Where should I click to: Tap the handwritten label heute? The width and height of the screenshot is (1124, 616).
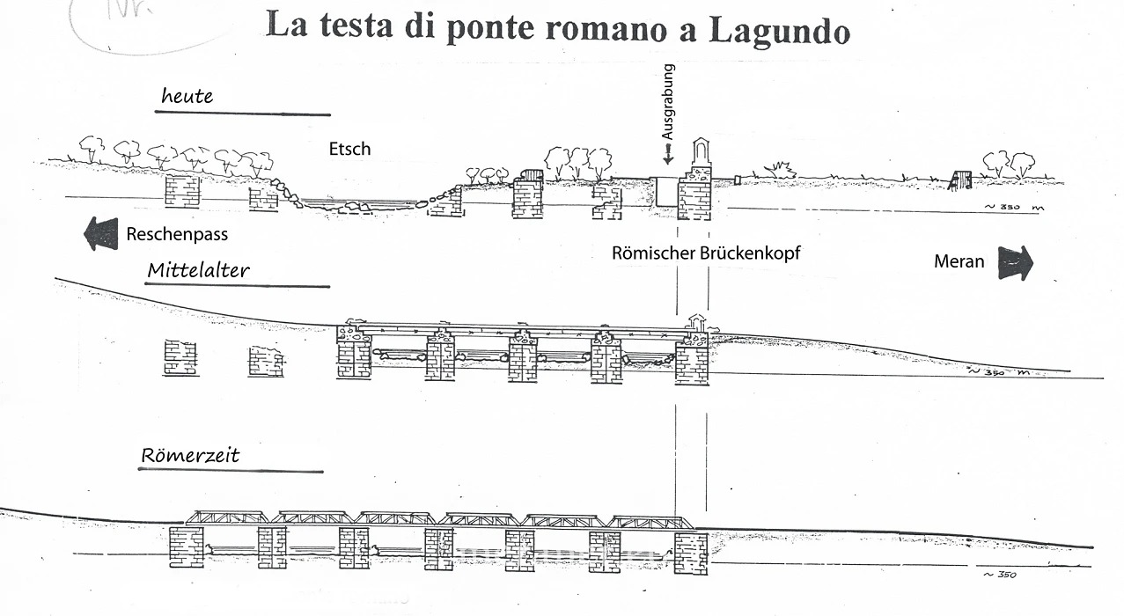tap(187, 96)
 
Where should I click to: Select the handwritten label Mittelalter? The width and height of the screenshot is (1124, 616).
tap(198, 270)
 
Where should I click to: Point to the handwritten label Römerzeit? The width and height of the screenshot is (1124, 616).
tap(190, 456)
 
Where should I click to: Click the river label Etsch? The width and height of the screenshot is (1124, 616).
tap(349, 149)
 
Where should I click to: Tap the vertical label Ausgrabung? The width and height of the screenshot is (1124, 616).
tap(668, 103)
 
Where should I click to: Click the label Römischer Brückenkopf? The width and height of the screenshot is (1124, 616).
tap(706, 253)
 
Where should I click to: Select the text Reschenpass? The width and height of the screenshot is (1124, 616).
tap(177, 235)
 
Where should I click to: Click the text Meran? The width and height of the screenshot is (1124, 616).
tap(960, 261)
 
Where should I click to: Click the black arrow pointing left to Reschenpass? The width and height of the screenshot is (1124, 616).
tap(100, 234)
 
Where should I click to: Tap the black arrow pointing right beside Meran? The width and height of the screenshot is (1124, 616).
tap(1015, 262)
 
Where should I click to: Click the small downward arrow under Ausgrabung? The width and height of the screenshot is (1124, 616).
tap(668, 155)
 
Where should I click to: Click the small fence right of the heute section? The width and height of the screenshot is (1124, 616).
tap(960, 181)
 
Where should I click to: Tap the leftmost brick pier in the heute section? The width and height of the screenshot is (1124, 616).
tap(182, 190)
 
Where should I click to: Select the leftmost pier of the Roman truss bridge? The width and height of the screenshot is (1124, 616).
tap(186, 547)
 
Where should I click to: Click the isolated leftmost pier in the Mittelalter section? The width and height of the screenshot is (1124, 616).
tap(180, 358)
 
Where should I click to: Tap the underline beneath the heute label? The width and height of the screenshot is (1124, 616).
tap(243, 114)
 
